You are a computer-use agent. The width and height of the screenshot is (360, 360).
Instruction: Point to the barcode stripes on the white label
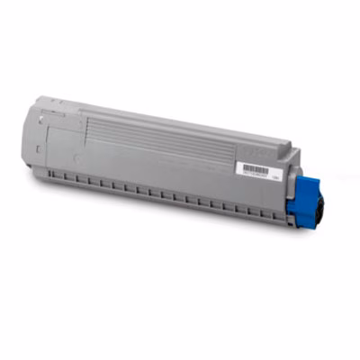click(256, 166)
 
